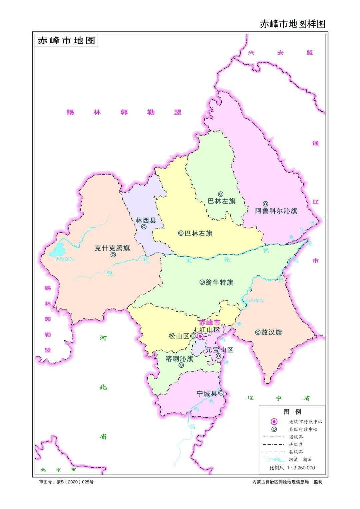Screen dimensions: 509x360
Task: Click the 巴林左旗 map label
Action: coord(222,201)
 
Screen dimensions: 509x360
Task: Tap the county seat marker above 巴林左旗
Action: coord(221,194)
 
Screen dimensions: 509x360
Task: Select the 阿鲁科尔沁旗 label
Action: coord(276,211)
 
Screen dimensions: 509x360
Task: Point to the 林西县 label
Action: coord(146,220)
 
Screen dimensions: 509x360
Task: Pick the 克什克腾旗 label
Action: coord(112,248)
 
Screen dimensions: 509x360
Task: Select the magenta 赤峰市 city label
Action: coord(209,323)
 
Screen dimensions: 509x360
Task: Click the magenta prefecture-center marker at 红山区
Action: coord(200,336)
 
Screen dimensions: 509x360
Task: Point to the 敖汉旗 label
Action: coord(272,332)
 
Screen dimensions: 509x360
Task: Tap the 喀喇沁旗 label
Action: coord(179,359)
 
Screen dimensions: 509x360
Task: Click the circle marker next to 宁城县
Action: coord(221,393)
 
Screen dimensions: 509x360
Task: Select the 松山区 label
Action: coord(179,336)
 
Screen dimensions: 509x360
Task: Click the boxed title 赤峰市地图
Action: coord(66,40)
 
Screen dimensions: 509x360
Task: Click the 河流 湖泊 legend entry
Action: coord(300,460)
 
